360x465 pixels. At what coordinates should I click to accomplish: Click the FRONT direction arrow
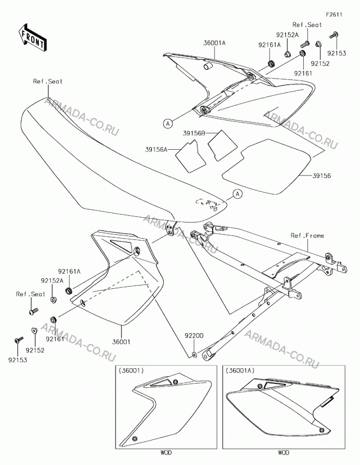click(x=32, y=37)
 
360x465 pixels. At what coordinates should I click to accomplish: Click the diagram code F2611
click(x=334, y=14)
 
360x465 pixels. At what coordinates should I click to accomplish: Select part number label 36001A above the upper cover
click(x=214, y=43)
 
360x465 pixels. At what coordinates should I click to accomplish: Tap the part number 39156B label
click(x=194, y=133)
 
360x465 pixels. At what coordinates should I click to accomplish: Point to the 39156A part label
click(x=156, y=149)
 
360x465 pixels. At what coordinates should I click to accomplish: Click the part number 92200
click(x=194, y=336)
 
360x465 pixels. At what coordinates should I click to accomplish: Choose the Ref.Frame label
click(x=307, y=235)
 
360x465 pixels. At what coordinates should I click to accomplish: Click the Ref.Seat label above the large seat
click(x=48, y=81)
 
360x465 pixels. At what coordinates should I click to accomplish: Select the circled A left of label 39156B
click(x=168, y=123)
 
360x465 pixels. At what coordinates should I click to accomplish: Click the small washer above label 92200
click(x=194, y=354)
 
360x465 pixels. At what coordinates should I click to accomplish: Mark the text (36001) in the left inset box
click(x=131, y=371)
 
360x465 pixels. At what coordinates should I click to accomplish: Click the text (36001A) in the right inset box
click(x=240, y=371)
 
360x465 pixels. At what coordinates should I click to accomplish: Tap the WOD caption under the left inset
click(x=166, y=452)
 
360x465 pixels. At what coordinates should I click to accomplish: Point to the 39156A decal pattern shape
click(x=191, y=156)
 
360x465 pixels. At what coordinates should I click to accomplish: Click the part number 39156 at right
click(x=321, y=176)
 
